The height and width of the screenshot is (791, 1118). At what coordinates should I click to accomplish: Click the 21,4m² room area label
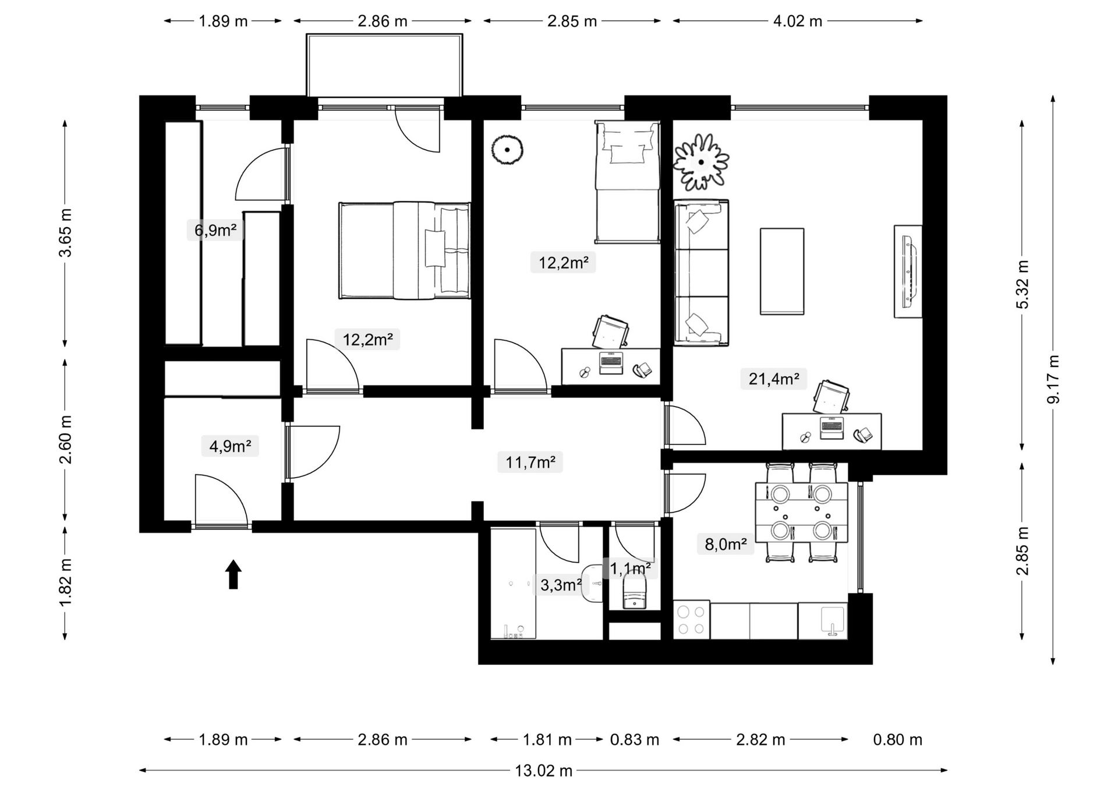point(774,379)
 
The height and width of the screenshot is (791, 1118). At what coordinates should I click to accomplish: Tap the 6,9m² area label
point(215,230)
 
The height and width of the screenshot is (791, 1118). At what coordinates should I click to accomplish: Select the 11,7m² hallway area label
point(530,462)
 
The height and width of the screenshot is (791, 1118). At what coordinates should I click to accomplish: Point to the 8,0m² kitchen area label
point(726,544)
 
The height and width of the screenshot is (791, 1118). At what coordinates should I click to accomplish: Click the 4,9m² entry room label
point(231,446)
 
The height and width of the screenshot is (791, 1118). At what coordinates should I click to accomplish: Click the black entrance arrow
point(233,574)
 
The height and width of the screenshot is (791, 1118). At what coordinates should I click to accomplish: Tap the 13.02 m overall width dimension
point(543,771)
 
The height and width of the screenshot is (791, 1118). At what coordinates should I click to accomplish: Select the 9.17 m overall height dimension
point(1053,379)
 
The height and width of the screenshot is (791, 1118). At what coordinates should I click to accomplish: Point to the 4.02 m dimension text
point(798,21)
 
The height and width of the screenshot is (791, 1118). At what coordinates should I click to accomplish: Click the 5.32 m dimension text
point(1023,284)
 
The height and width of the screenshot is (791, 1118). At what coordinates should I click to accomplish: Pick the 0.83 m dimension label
point(635,740)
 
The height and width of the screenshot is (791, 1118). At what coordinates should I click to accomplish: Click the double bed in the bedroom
point(405,250)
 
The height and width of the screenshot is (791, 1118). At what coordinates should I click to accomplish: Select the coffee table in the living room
point(782,271)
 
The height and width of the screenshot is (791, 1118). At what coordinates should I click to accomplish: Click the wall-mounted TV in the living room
point(908,271)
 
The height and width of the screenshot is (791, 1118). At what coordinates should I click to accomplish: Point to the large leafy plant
point(701,162)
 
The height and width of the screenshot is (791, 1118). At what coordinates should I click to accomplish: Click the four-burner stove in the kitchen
point(691,620)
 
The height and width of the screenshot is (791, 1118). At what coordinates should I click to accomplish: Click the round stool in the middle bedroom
point(507,150)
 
